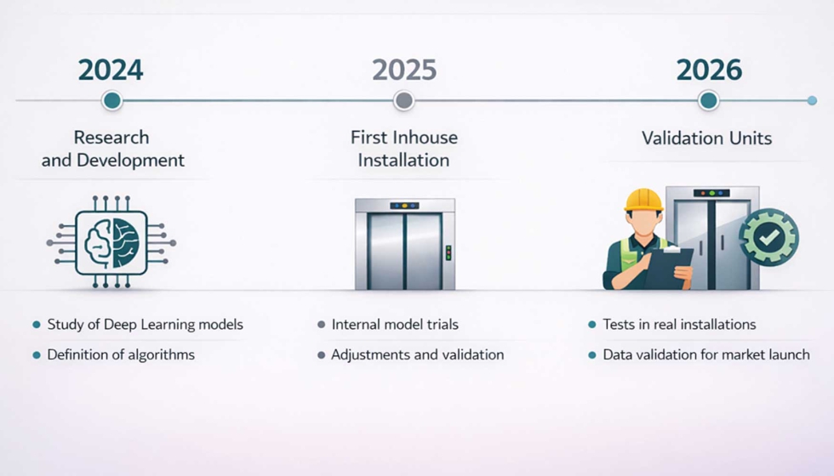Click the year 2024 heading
[x=111, y=70]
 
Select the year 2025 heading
[x=404, y=70]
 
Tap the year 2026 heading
[x=708, y=70]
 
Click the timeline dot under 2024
[x=111, y=101]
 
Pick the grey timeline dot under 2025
[x=404, y=101]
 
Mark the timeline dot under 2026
[x=708, y=101]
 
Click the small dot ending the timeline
[x=812, y=101]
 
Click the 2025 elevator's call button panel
[x=448, y=252]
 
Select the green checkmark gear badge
[x=768, y=239]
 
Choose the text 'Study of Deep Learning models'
[x=145, y=325]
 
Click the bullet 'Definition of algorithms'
[x=121, y=354]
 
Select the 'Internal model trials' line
[x=395, y=325]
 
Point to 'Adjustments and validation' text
[x=417, y=354]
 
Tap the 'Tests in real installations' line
[x=679, y=325]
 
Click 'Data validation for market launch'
[x=706, y=354]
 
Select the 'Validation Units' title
[x=707, y=138]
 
